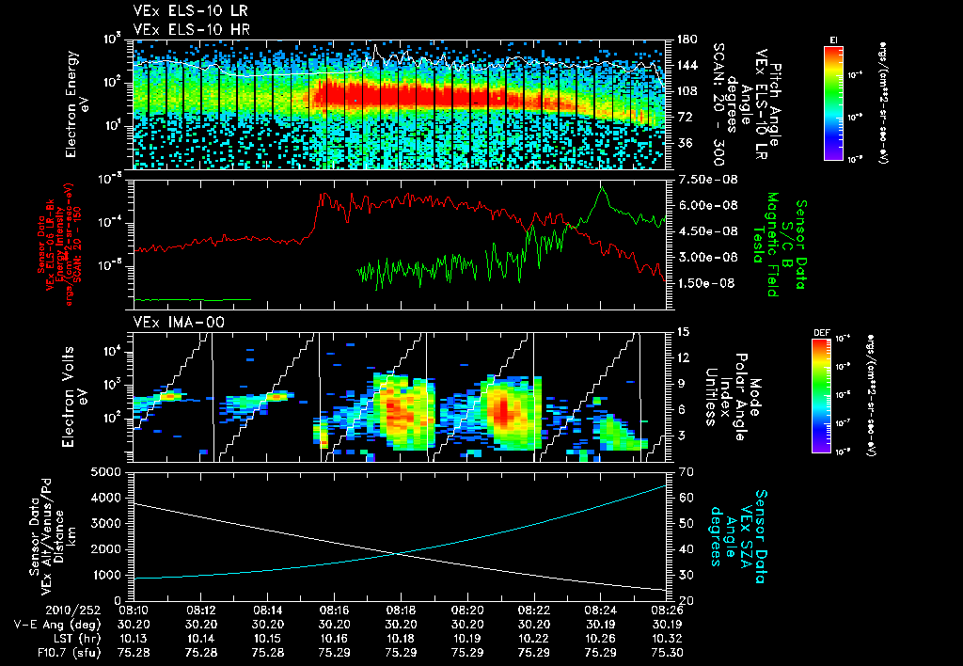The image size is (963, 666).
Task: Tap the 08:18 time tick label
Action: click(402, 609)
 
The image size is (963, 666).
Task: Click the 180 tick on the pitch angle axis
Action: click(685, 40)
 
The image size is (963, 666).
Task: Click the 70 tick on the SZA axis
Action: click(685, 471)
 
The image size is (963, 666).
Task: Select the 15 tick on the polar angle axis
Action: click(683, 332)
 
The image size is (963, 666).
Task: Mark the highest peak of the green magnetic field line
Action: click(602, 187)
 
